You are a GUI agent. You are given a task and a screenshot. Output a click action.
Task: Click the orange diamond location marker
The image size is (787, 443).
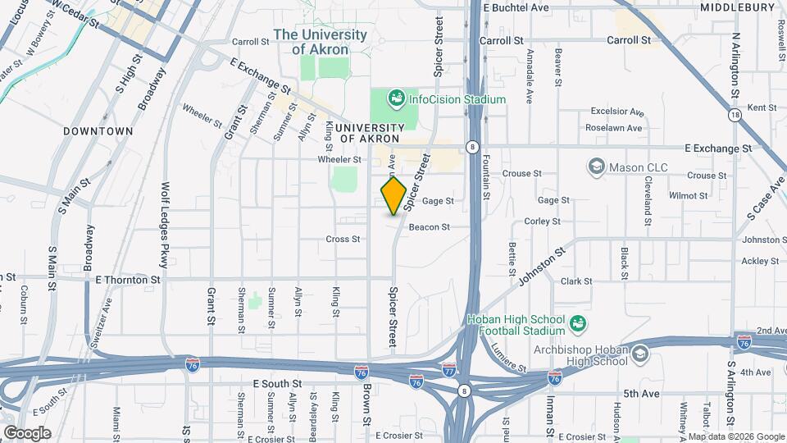[x=393, y=197]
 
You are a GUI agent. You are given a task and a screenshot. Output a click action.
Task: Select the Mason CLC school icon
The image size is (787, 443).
[x=596, y=167]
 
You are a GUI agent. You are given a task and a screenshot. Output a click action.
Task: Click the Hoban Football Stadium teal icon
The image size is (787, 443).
[x=578, y=324]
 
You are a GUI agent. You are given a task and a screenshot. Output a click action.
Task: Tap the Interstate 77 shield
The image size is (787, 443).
[x=448, y=370]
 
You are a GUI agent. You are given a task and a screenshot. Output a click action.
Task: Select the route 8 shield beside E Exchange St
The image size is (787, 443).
[x=472, y=148]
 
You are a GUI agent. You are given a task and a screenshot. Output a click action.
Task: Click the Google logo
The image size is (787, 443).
[x=27, y=433]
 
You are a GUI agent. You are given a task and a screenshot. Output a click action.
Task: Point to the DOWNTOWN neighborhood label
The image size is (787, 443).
[x=98, y=131]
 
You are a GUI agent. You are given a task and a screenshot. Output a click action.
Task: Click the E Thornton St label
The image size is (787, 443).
[x=128, y=280]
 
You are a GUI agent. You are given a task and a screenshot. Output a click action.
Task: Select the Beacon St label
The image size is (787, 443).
[x=430, y=227]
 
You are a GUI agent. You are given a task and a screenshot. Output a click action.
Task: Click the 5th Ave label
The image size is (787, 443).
[x=641, y=394]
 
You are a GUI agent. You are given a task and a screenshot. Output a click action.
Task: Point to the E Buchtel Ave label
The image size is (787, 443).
[x=516, y=7]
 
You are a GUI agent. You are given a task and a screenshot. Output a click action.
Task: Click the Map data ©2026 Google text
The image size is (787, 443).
[x=735, y=436]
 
